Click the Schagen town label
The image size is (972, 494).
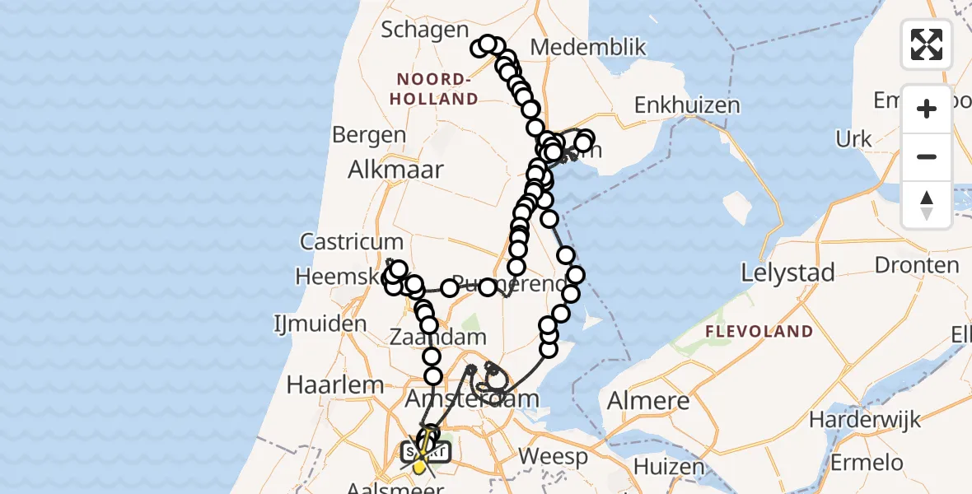tap(425, 30)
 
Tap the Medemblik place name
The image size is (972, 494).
tap(588, 47)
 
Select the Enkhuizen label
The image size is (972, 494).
tap(687, 105)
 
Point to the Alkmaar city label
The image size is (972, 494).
tap(395, 170)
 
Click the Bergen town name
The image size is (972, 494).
tap(369, 135)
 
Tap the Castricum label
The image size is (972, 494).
tap(352, 242)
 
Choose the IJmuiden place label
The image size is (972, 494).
tap(320, 324)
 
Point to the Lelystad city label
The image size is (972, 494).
tap(787, 272)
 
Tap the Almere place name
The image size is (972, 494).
tap(648, 402)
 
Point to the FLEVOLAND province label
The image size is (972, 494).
tap(759, 332)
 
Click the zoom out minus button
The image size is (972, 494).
tap(927, 156)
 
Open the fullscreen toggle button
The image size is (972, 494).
tap(927, 44)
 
